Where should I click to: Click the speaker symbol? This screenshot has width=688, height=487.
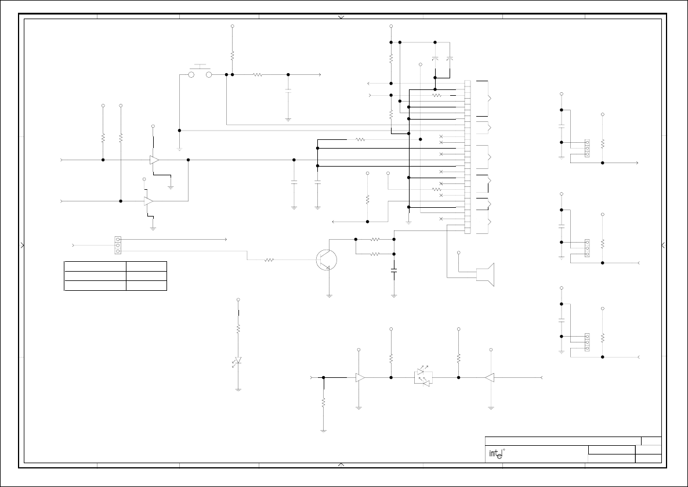485,275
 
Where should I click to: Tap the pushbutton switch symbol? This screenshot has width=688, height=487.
201,73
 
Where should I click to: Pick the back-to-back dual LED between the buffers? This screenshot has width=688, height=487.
425,377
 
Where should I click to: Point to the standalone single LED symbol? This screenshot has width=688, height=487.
238,361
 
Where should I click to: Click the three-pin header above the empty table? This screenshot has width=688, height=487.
118,245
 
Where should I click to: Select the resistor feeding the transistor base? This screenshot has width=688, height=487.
269,259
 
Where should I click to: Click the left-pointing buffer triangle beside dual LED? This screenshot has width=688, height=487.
490,377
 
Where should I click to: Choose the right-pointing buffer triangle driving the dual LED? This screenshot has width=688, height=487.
360,377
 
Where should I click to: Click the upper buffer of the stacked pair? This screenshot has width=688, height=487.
154,160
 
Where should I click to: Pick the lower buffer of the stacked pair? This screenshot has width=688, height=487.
149,201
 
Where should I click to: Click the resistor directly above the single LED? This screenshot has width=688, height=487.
238,329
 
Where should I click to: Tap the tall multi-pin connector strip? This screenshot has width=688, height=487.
468,157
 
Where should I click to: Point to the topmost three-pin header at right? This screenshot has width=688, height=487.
587,148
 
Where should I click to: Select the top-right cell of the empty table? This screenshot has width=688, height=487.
147,266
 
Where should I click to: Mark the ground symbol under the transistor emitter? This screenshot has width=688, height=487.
329,296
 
